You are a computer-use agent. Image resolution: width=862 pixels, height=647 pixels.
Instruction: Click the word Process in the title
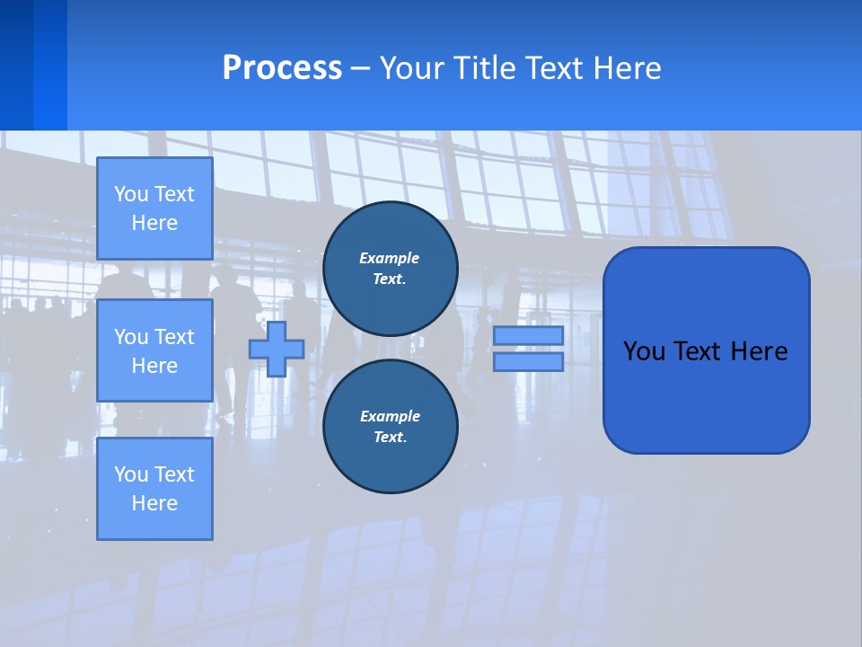(x=282, y=68)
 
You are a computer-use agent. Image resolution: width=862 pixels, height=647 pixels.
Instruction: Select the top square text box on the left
(x=154, y=208)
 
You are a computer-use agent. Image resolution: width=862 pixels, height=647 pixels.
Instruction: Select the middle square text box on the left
(x=154, y=350)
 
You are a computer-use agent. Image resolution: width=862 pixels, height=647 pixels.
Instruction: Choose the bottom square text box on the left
(x=154, y=488)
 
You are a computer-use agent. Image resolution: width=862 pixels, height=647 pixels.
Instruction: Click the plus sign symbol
(x=277, y=349)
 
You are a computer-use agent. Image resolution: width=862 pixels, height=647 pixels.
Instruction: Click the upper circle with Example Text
(x=390, y=269)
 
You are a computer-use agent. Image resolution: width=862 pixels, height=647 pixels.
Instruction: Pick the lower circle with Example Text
(x=390, y=427)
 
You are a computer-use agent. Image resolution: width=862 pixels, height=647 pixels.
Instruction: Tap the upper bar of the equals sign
(x=528, y=335)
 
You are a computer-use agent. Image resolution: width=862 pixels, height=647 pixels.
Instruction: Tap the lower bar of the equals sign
(x=528, y=361)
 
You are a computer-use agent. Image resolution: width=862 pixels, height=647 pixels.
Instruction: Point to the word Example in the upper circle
(x=390, y=258)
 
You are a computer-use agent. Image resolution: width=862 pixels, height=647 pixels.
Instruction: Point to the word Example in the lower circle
(x=390, y=416)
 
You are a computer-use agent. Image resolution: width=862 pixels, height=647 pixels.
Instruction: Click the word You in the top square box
(x=131, y=194)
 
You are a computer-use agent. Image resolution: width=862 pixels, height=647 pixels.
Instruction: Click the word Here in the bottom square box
(x=154, y=503)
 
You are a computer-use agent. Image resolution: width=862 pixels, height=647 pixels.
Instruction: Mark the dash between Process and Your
(x=360, y=68)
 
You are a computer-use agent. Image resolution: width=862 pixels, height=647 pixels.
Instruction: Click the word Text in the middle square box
(x=173, y=337)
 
